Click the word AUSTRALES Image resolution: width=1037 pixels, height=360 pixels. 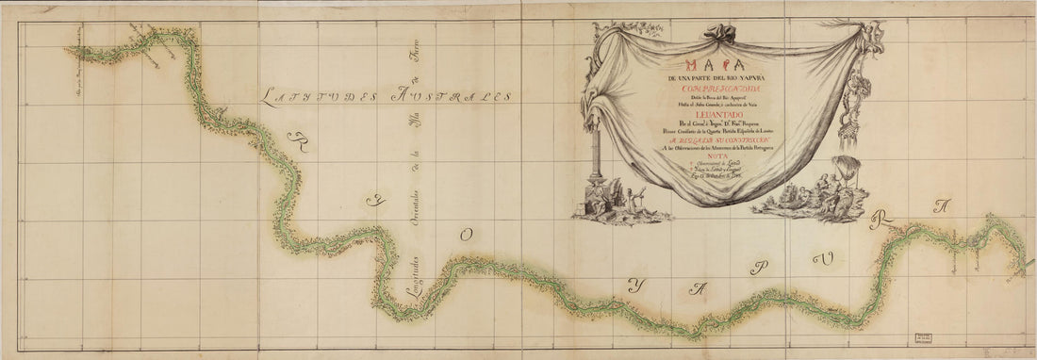[x=455, y=96]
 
